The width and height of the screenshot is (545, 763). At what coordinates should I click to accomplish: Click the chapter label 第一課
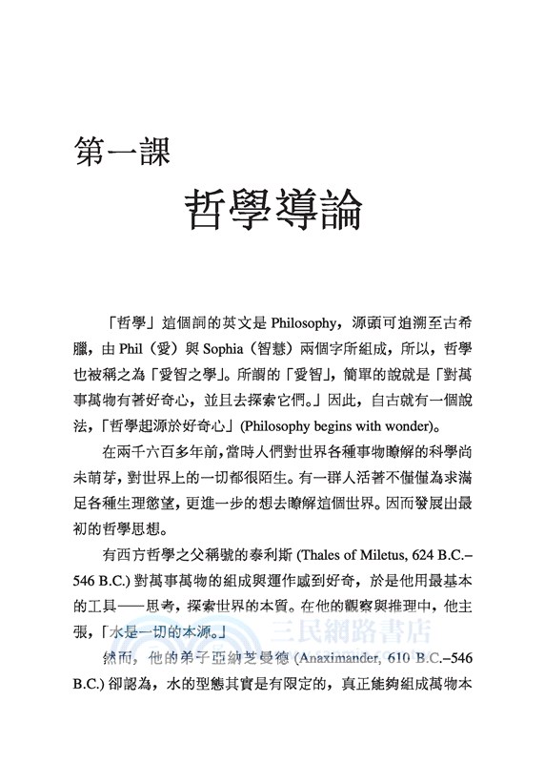(123, 152)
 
